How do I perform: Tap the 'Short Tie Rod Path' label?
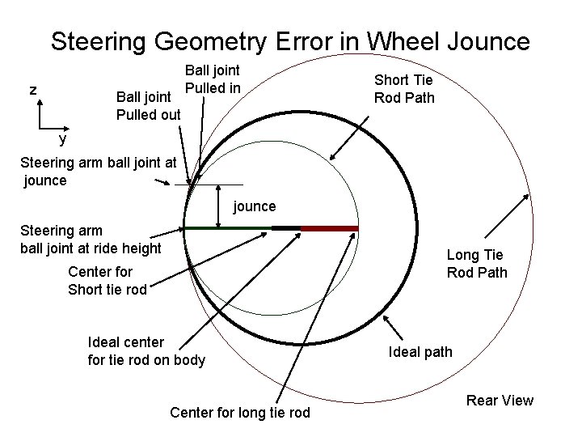coord(403,88)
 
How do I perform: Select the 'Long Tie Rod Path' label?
coord(477,264)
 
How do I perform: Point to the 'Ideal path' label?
coord(420,352)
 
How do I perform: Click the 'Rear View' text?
coord(500,400)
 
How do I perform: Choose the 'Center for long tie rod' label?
coord(240,413)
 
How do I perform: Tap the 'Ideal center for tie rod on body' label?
coord(146,351)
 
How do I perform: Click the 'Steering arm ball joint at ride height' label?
coord(91,239)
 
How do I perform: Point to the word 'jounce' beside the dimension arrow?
coord(255,206)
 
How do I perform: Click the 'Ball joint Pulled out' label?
coord(148,105)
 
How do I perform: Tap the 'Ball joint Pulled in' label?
coord(212,79)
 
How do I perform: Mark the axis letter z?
coord(33,89)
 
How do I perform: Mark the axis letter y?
coord(62,138)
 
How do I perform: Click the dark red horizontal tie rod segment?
coord(329,228)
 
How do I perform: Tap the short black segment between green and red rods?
coord(286,228)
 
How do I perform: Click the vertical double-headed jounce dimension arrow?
coord(220,206)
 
